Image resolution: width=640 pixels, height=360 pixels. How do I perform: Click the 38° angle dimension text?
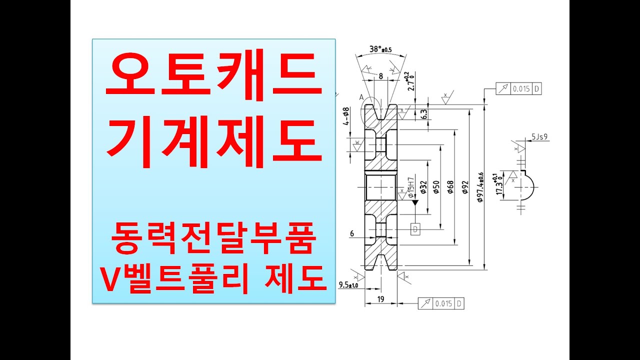[380, 49]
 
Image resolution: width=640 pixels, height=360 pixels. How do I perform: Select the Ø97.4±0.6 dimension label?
[480, 187]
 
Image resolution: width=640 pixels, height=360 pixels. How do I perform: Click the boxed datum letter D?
[415, 229]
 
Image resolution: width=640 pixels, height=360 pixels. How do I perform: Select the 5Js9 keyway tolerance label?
[539, 136]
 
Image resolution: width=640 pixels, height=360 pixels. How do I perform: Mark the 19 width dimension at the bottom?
[380, 299]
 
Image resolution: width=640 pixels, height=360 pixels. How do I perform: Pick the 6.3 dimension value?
[424, 114]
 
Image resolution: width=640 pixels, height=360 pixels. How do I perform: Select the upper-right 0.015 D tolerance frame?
[519, 89]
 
